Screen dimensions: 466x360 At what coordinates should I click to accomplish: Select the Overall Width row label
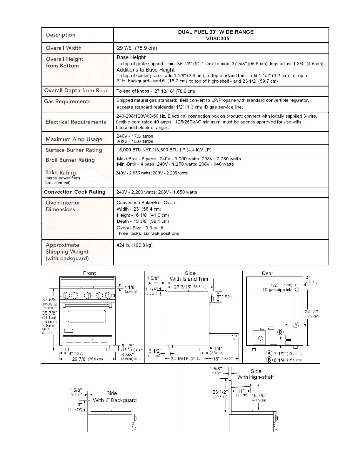64,48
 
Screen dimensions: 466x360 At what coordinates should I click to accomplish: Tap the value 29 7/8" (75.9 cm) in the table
137,48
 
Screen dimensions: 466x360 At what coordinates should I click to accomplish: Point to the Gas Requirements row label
67,101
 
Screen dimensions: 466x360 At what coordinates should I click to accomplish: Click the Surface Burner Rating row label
74,150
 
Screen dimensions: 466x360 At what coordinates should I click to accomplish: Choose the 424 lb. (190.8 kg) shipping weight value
134,245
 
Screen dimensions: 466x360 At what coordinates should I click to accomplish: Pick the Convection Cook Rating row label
74,192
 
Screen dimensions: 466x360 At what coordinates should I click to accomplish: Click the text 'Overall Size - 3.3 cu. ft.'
141,228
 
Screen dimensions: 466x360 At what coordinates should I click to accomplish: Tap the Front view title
89,273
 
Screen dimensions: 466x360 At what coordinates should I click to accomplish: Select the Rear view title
267,274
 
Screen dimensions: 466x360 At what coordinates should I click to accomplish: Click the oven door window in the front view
87,316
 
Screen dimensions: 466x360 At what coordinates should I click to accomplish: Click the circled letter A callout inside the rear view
296,325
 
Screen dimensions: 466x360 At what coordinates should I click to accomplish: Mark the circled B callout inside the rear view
280,332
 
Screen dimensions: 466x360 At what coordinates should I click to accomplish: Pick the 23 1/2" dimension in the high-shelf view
220,392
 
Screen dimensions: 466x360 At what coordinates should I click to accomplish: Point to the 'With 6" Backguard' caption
115,400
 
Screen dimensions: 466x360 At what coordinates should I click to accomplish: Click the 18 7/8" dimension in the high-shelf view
259,395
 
